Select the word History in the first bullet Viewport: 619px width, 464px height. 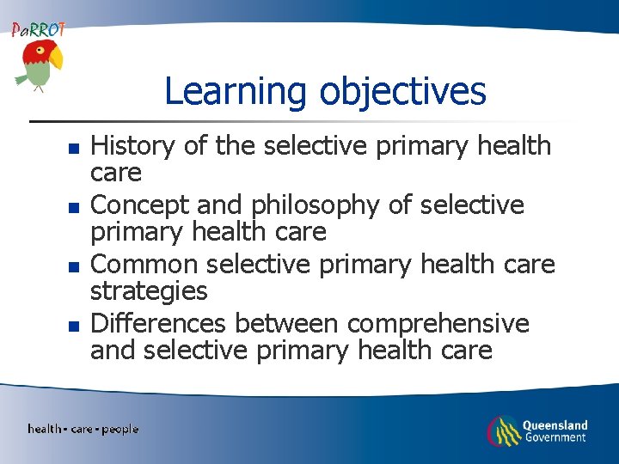coord(133,146)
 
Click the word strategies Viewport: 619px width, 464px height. coord(149,290)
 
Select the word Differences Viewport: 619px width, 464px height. coord(159,323)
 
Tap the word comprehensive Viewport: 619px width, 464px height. coord(438,323)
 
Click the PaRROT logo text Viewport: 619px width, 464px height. coord(38,29)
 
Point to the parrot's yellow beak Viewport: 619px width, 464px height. coord(56,59)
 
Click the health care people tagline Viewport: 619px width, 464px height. coord(83,429)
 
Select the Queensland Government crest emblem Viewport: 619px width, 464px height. coord(503,430)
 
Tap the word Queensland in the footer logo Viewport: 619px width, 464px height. coord(555,424)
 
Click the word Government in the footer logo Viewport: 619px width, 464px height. coord(555,437)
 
